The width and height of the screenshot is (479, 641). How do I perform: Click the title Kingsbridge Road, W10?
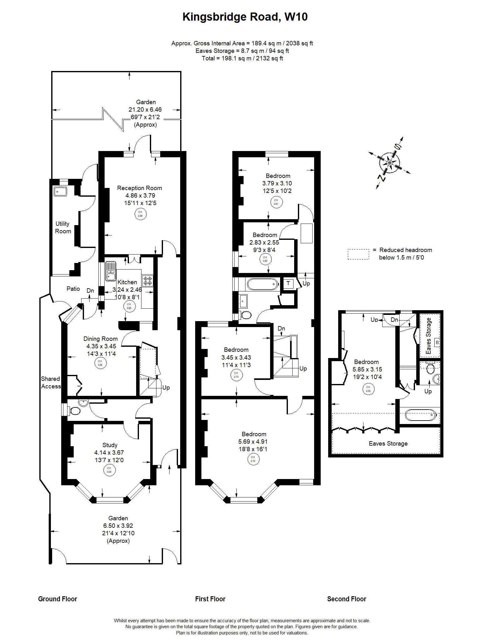(245, 17)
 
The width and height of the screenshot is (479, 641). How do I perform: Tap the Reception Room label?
(139, 188)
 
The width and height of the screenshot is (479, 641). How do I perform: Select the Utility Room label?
(63, 227)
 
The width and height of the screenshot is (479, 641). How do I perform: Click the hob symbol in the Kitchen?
(147, 280)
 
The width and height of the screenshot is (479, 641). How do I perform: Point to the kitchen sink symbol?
(111, 271)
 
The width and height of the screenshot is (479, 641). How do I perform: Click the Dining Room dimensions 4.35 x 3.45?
(101, 346)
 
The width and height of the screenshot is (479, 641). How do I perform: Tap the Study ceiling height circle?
(109, 470)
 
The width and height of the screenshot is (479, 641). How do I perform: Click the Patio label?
(73, 289)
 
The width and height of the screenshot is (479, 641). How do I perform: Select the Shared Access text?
(51, 382)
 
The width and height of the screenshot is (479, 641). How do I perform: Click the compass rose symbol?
(389, 163)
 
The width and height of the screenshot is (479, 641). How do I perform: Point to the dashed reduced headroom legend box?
(358, 254)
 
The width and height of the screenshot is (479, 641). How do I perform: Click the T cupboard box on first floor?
(288, 283)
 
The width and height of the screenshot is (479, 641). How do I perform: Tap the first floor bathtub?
(262, 284)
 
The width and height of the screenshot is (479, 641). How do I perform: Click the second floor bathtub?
(420, 415)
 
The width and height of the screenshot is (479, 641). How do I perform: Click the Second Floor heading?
(346, 599)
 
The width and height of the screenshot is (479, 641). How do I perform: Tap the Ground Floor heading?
(57, 599)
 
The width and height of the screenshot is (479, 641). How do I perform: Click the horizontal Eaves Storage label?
(388, 443)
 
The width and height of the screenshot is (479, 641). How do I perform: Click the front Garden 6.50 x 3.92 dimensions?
(118, 526)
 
